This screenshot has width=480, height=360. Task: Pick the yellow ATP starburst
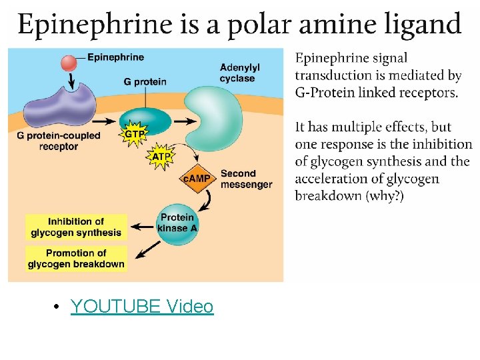[161, 157]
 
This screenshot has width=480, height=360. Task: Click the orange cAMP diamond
[197, 178]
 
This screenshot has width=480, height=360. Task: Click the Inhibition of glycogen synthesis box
[76, 227]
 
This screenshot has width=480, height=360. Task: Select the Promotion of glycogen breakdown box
[76, 259]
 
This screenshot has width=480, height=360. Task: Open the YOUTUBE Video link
[142, 307]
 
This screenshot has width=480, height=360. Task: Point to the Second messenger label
[246, 179]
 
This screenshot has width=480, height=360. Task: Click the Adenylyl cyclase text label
[239, 73]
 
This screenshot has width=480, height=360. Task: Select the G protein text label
[145, 82]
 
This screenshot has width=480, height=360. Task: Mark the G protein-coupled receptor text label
[59, 141]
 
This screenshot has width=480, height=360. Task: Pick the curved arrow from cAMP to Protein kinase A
[209, 198]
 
